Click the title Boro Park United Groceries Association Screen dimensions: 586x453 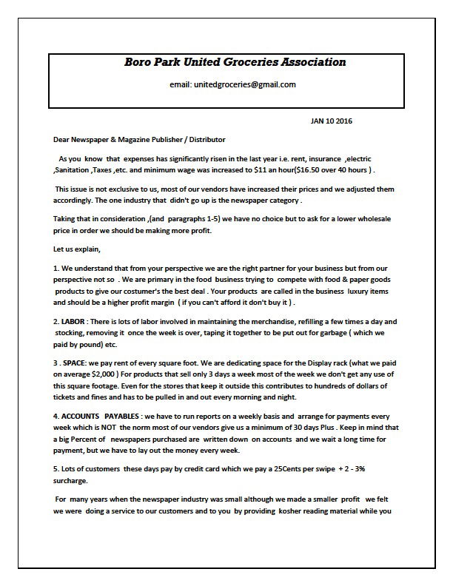click(x=235, y=62)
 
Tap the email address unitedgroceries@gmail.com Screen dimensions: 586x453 click(x=232, y=85)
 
